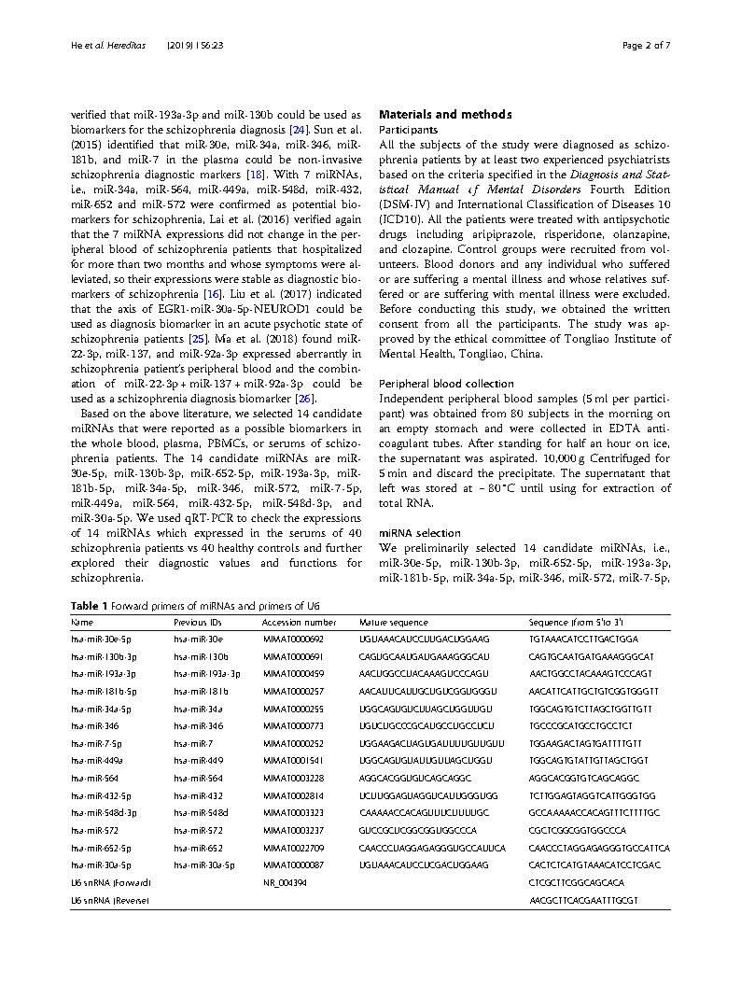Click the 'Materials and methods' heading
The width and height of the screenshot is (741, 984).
pyautogui.click(x=444, y=115)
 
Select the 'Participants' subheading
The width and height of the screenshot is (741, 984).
pyautogui.click(x=408, y=130)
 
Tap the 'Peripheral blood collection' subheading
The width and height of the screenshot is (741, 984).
pyautogui.click(x=446, y=384)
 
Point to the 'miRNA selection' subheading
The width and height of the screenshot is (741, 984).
pyautogui.click(x=413, y=533)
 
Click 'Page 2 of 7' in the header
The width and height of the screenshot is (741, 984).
pyautogui.click(x=646, y=45)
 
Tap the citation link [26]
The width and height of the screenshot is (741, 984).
pyautogui.click(x=304, y=399)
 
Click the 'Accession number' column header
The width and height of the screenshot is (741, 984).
pyautogui.click(x=299, y=622)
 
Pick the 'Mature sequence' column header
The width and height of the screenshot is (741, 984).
pyautogui.click(x=393, y=622)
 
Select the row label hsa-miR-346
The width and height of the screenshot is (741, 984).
pyautogui.click(x=94, y=724)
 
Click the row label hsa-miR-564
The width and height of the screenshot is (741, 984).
pyautogui.click(x=94, y=778)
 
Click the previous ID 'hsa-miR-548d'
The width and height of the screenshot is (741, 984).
pyautogui.click(x=200, y=813)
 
